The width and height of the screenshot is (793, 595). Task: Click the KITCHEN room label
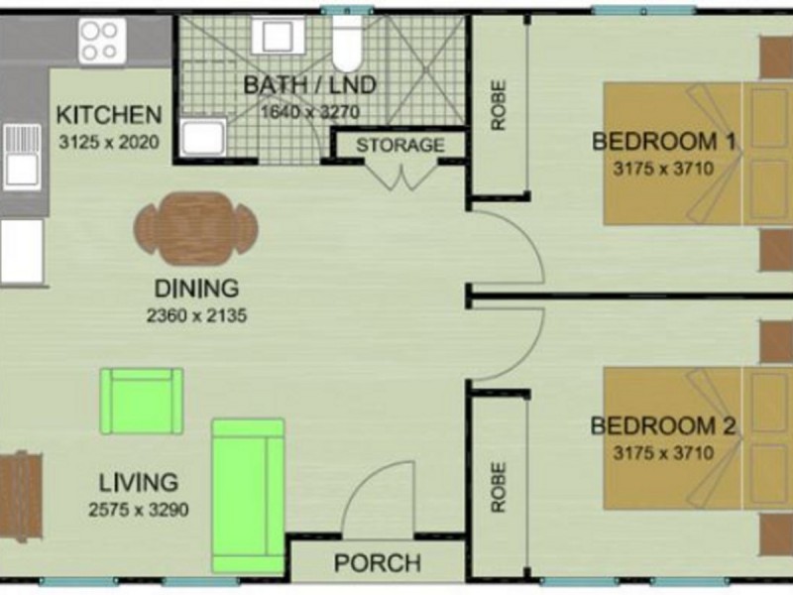[107, 114]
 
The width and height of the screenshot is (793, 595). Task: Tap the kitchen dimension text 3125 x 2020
[107, 141]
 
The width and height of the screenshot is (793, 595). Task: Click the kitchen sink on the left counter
[22, 156]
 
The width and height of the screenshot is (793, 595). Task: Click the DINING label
[195, 290]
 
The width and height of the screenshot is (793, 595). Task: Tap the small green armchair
[143, 401]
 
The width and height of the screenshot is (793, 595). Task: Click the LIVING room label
[138, 483]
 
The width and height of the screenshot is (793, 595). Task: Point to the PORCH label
[377, 563]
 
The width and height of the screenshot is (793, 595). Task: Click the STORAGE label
[400, 145]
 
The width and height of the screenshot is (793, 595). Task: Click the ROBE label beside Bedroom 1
[498, 105]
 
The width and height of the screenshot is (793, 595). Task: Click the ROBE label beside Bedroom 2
[498, 487]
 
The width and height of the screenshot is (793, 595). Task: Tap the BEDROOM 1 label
[663, 141]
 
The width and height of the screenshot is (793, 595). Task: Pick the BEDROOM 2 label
[663, 426]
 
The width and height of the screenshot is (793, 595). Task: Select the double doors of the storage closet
[400, 177]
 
